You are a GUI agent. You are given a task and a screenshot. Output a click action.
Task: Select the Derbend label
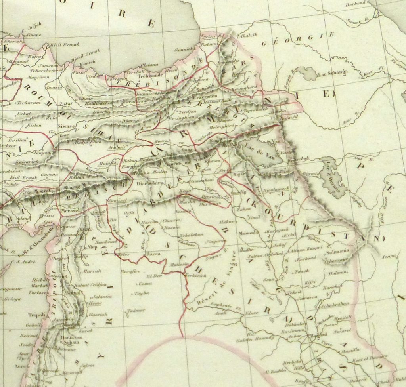click(356, 5)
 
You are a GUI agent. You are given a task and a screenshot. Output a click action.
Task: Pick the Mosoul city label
click(249, 233)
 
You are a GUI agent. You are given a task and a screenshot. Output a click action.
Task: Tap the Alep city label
click(92, 246)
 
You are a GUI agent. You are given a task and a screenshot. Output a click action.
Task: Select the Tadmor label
click(136, 310)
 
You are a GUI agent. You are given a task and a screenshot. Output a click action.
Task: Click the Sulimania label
click(338, 251)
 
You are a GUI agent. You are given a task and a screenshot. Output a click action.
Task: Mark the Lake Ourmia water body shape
click(332, 177)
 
